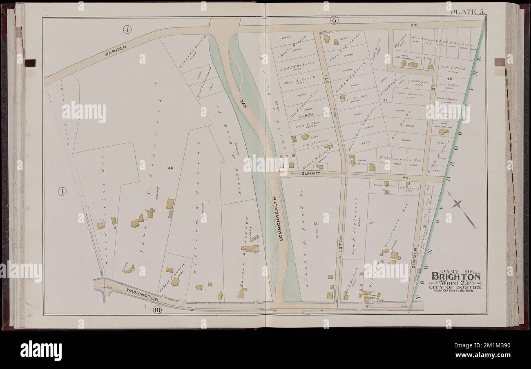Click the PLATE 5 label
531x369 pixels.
pyautogui.click(x=467, y=11)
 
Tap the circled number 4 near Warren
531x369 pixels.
pyautogui.click(x=127, y=29)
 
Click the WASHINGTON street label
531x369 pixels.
pyautogui.click(x=142, y=295)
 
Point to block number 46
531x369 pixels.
pyautogui.click(x=170, y=168)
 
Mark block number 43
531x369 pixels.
pyautogui.click(x=315, y=224)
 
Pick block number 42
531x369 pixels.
pyautogui.click(x=371, y=223)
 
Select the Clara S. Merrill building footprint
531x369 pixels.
pyautogui.click(x=443, y=132)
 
